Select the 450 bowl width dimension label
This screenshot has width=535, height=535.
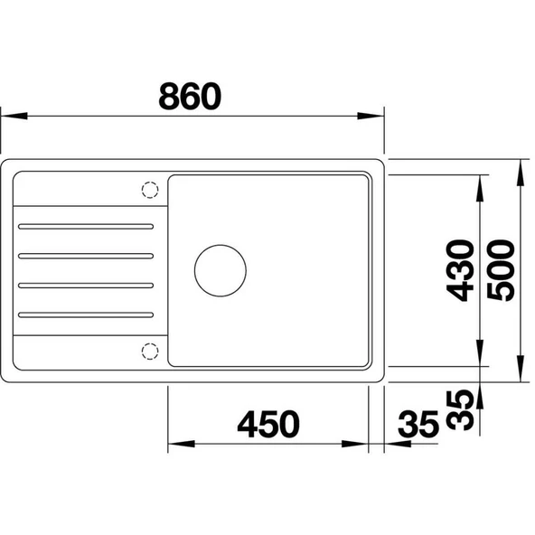click(267, 424)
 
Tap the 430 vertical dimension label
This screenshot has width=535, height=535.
click(462, 270)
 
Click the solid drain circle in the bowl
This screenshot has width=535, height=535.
click(220, 269)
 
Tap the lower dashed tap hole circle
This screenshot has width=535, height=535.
click(149, 349)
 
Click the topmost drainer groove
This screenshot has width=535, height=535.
click(86, 225)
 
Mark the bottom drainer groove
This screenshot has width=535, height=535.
click(86, 314)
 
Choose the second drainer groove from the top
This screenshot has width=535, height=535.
click(86, 255)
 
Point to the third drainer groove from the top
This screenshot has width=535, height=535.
click(86, 285)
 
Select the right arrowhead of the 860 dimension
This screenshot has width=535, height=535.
click(374, 117)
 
